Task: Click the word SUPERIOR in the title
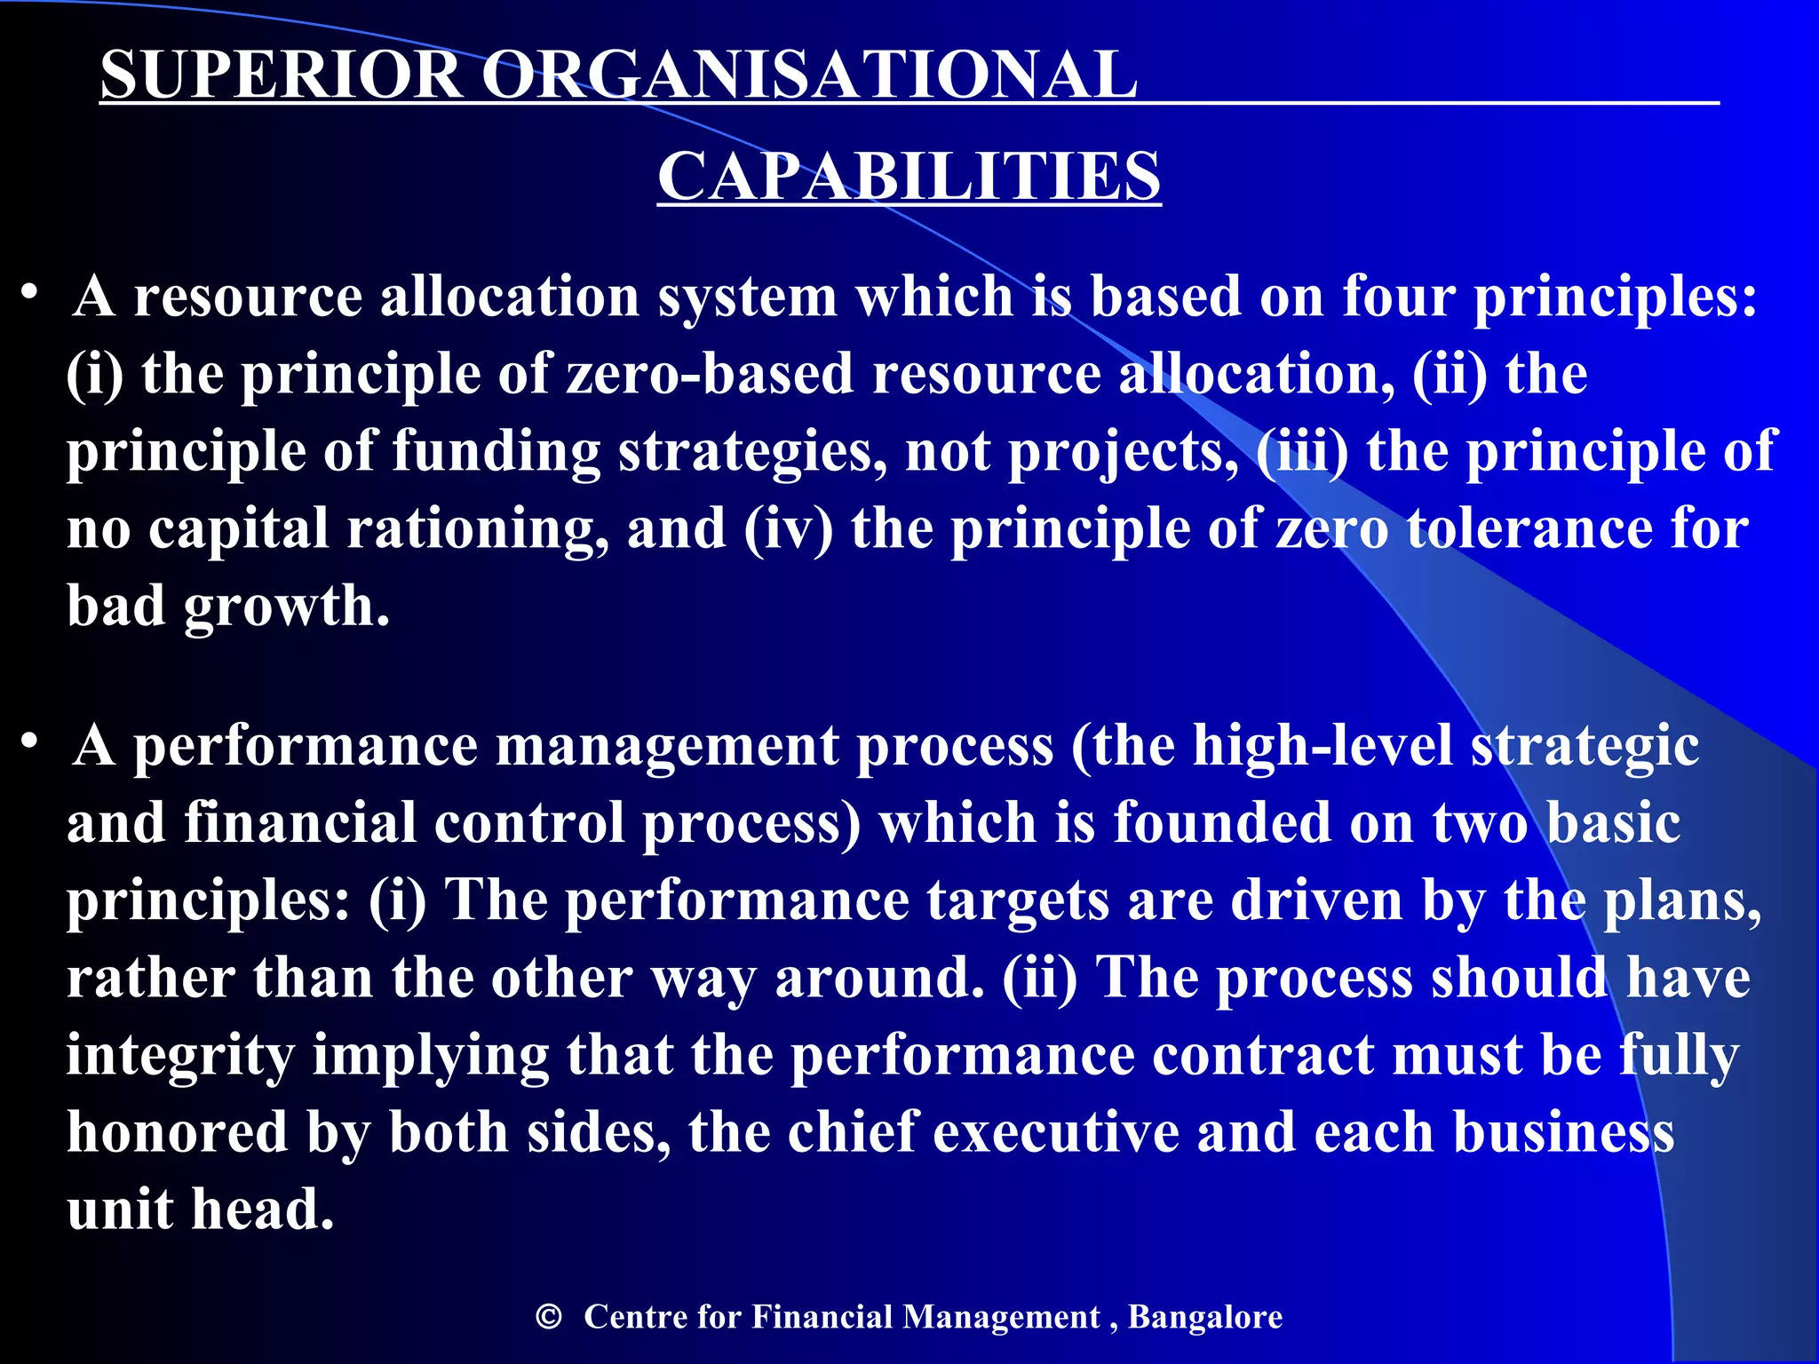click(x=281, y=75)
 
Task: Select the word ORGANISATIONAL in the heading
click(x=808, y=75)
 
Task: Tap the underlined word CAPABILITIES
click(x=909, y=176)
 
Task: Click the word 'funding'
click(x=496, y=451)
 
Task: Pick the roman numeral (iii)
click(x=1302, y=451)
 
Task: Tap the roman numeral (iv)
click(x=789, y=529)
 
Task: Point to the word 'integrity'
click(x=180, y=1056)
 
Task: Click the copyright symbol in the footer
click(x=549, y=1316)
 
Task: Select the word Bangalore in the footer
click(x=1205, y=1317)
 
